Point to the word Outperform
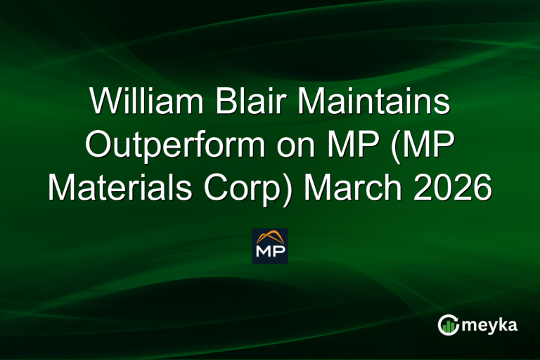(x=171, y=146)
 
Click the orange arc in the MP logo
(x=270, y=236)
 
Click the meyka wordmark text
(x=491, y=324)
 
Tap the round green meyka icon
(x=448, y=324)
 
